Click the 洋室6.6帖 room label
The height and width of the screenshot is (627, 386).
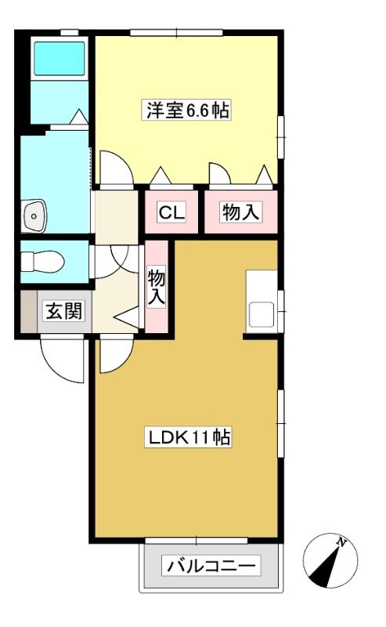click(187, 110)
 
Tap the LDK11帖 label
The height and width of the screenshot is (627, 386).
click(189, 437)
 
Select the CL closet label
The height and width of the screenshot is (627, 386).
click(171, 212)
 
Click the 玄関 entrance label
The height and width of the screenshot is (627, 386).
click(64, 311)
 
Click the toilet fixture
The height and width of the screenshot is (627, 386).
click(42, 262)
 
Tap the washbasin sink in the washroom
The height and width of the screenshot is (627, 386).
click(34, 216)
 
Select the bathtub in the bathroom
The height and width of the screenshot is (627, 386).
click(60, 58)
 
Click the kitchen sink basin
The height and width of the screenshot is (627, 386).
click(262, 314)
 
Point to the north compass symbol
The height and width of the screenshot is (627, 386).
click(330, 561)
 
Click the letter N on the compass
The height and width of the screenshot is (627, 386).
click(341, 542)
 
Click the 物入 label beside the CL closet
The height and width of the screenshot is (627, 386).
click(242, 212)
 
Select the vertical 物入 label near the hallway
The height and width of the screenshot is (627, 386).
click(157, 287)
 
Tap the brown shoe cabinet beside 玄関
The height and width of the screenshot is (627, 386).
click(28, 311)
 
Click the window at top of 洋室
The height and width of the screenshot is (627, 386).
click(176, 32)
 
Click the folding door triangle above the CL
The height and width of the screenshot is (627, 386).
click(161, 175)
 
